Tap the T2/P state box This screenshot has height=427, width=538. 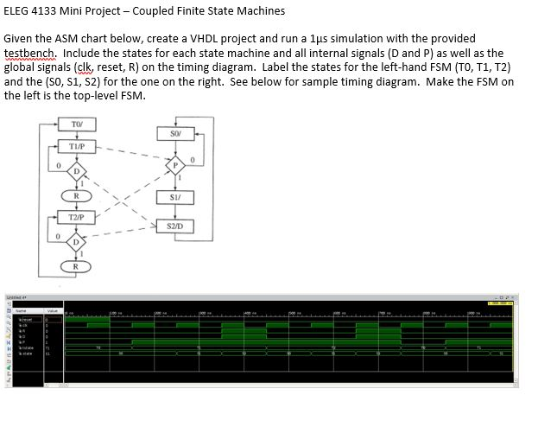coord(77,216)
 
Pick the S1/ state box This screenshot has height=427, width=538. coord(175,198)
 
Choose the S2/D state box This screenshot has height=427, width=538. coord(175,226)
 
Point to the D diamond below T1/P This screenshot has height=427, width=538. coord(77,169)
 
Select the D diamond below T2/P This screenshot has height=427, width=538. coord(77,239)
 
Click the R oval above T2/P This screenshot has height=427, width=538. coord(77,196)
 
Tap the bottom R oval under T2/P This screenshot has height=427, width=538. coord(77,265)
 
